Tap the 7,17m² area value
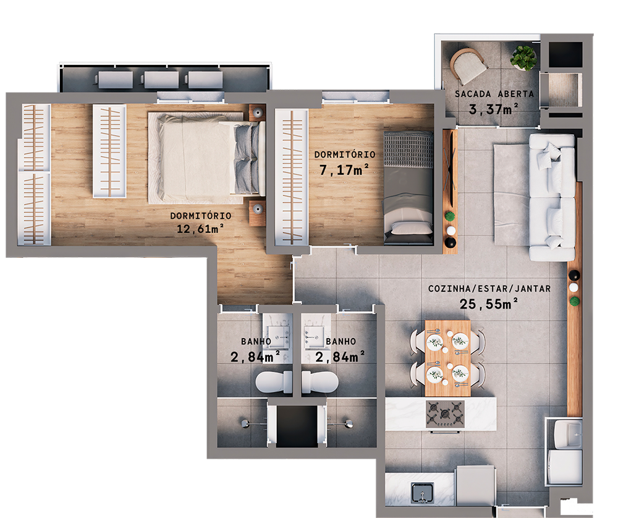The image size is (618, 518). click(344, 169)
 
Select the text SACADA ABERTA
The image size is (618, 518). click(494, 95)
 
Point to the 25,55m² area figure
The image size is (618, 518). click(488, 303)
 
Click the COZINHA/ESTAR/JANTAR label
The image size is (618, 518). click(489, 289)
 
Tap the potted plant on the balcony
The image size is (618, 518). click(523, 57)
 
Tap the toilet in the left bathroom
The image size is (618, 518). click(274, 382)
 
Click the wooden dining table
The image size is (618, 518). click(447, 358)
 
